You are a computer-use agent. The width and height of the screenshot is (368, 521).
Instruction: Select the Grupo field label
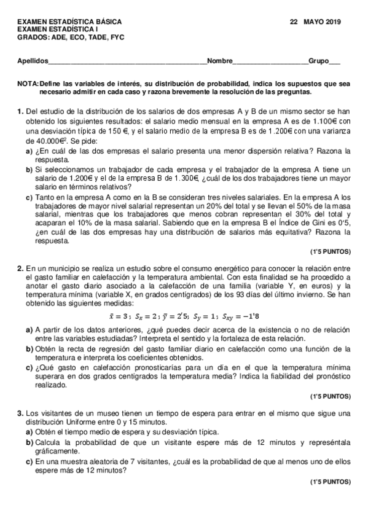click(318, 61)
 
